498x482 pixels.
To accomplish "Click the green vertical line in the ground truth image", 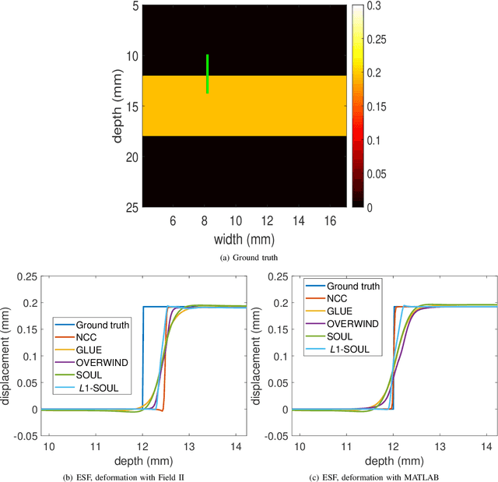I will point(207,74).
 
